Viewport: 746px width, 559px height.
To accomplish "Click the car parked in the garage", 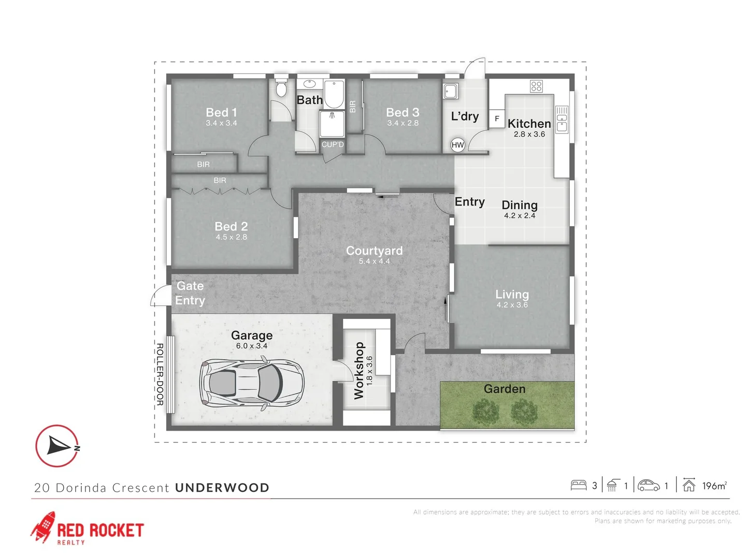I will [x=252, y=384].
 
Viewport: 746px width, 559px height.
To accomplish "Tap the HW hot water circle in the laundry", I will [x=457, y=145].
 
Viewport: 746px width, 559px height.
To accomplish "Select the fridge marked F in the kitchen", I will [x=497, y=119].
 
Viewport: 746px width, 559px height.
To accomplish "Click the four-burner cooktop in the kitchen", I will [x=536, y=86].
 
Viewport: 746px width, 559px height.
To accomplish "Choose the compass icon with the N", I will [x=57, y=446].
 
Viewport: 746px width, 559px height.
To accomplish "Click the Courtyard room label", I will [x=374, y=251].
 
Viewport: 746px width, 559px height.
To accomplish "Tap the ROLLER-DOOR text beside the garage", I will [x=160, y=374].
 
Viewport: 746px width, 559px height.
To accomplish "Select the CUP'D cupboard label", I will [x=333, y=144].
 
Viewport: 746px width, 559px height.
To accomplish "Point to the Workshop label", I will [x=359, y=370].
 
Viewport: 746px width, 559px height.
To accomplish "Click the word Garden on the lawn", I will [x=505, y=389].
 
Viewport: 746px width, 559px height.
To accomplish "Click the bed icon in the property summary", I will [x=578, y=486].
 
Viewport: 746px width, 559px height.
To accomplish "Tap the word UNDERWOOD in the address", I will [x=222, y=488].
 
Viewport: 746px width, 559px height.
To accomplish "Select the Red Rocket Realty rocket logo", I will [x=44, y=527].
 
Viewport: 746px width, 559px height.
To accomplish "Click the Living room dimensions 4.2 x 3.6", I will [x=512, y=305].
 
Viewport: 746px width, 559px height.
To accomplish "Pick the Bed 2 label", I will [x=231, y=226].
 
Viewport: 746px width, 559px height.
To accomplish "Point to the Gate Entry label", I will [x=190, y=293].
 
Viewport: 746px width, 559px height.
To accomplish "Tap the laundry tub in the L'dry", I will [x=451, y=91].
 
